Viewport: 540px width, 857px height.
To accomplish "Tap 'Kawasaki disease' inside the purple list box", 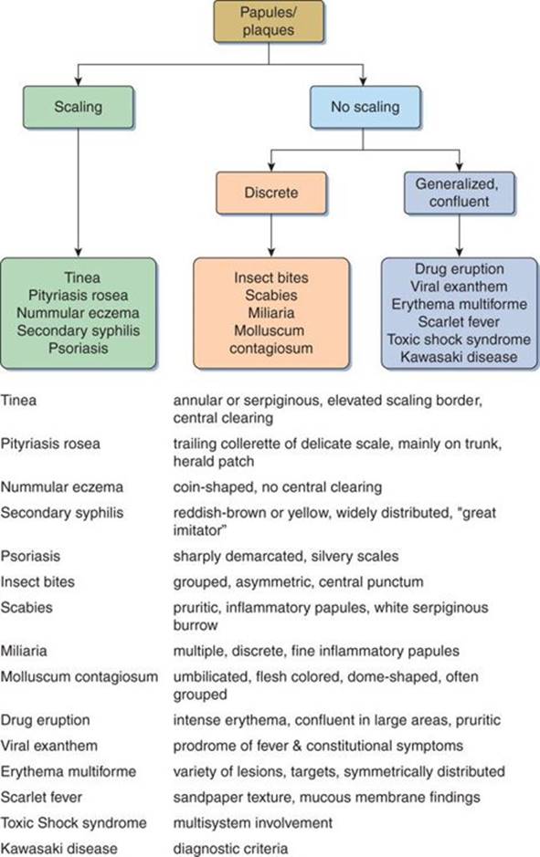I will pyautogui.click(x=459, y=356).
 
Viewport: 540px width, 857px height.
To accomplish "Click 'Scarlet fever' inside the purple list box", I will pyautogui.click(x=459, y=321).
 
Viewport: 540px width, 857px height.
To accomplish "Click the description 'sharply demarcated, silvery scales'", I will pyautogui.click(x=283, y=556).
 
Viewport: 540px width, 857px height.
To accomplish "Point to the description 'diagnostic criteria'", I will pyautogui.click(x=230, y=848).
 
